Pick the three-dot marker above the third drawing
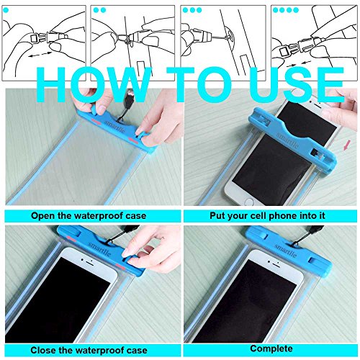192,11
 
